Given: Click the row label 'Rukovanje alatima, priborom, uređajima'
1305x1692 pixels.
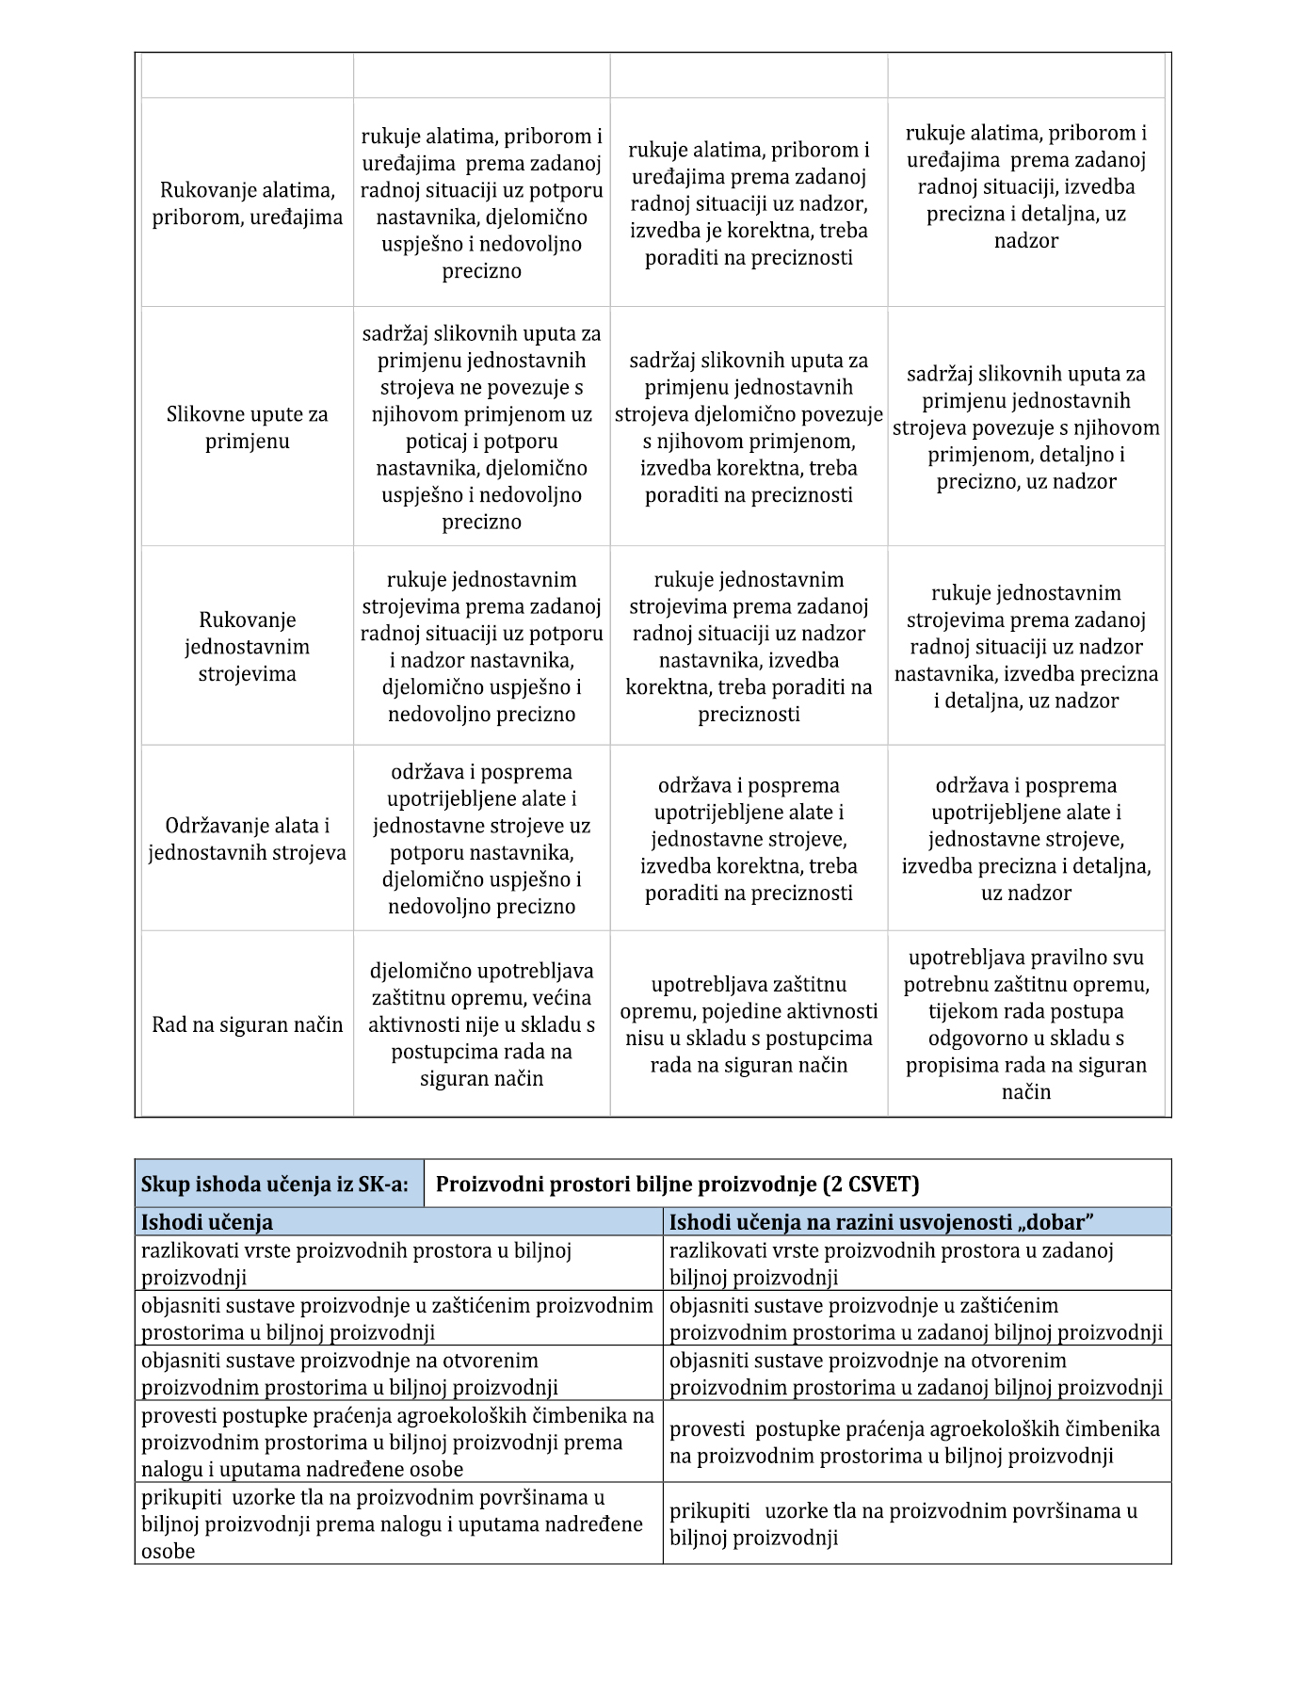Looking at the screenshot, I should click(x=247, y=203).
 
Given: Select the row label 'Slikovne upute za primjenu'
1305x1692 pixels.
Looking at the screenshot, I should click(x=247, y=427).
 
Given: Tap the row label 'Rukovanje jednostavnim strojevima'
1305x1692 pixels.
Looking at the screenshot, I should click(x=247, y=646).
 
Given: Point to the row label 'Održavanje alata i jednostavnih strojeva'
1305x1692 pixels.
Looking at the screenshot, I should click(x=247, y=839).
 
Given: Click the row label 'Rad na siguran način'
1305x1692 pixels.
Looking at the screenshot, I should click(x=247, y=1024).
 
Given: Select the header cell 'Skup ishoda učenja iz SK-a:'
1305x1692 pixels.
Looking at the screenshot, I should click(x=275, y=1184).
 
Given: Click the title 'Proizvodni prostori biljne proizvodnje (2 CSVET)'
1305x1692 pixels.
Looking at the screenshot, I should click(x=677, y=1184).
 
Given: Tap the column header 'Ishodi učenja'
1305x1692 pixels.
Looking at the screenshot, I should click(x=207, y=1222).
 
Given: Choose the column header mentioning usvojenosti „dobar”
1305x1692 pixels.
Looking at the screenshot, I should click(x=881, y=1222).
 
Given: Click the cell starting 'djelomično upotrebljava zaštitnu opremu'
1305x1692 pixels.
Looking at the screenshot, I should click(x=481, y=1024).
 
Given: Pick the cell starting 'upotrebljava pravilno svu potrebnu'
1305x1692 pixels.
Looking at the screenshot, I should click(x=1026, y=1024).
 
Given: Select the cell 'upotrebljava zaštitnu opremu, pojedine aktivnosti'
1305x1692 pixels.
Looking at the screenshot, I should click(x=749, y=1024).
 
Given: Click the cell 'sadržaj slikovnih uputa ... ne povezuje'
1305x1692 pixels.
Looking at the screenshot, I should click(x=481, y=427).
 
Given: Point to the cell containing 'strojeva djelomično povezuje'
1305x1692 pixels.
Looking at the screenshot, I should click(x=749, y=427).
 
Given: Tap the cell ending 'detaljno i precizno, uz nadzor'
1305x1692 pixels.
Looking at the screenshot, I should click(x=1026, y=427).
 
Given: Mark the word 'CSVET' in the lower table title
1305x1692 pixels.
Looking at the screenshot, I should click(x=878, y=1184).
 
